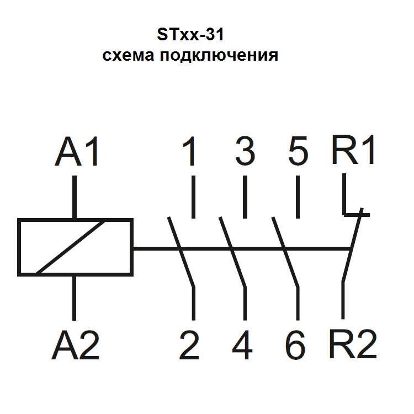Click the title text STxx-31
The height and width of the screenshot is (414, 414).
coord(190,36)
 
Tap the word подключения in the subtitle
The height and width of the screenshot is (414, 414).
coord(218,56)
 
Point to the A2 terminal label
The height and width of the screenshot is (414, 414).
coord(76,346)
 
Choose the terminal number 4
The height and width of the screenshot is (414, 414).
coord(243,346)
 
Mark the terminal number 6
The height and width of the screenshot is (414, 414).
coord(296,346)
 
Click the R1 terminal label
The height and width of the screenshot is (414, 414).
coord(353,150)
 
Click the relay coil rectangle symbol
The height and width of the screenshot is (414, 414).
coord(75,247)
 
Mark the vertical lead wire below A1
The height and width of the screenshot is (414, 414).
coord(75,197)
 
